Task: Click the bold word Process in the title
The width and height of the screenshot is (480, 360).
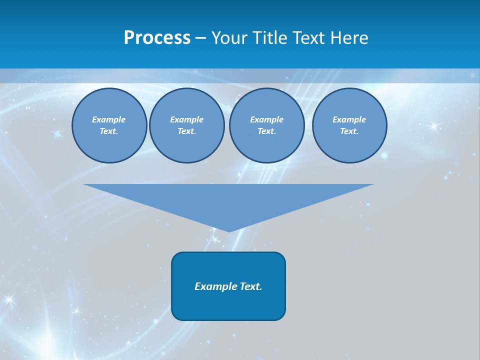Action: tap(157, 38)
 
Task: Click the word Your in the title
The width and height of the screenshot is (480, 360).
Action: tap(230, 38)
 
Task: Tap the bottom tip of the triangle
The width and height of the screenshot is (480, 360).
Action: tap(229, 230)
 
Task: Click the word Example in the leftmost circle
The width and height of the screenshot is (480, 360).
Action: tap(109, 119)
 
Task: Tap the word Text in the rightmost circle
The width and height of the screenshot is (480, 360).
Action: tap(349, 131)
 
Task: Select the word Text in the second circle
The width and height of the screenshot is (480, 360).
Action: tap(186, 131)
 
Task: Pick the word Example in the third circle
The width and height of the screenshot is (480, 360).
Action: tap(266, 119)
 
